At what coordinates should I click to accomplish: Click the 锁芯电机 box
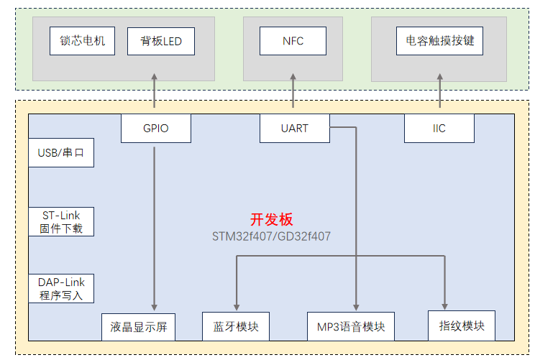[x=82, y=41]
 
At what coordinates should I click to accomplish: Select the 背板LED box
[x=155, y=41]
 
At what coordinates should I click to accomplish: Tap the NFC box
[x=293, y=41]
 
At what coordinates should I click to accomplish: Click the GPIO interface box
[x=155, y=128]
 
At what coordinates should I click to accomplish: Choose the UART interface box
[x=294, y=128]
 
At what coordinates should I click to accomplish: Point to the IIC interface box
[x=439, y=128]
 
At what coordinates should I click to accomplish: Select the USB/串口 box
[x=61, y=153]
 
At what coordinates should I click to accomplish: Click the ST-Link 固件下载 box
[x=61, y=222]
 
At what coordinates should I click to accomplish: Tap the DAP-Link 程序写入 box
[x=61, y=289]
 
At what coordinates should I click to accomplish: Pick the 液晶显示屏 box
[x=140, y=327]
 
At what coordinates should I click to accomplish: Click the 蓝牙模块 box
[x=236, y=327]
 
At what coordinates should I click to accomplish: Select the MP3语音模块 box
[x=351, y=327]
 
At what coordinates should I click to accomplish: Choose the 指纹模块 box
[x=462, y=326]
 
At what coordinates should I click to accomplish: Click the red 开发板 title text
[x=271, y=220]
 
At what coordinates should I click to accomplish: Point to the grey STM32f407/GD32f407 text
[x=271, y=236]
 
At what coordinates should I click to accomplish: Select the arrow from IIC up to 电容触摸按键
[x=439, y=93]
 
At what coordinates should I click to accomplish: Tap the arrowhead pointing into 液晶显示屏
[x=155, y=306]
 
